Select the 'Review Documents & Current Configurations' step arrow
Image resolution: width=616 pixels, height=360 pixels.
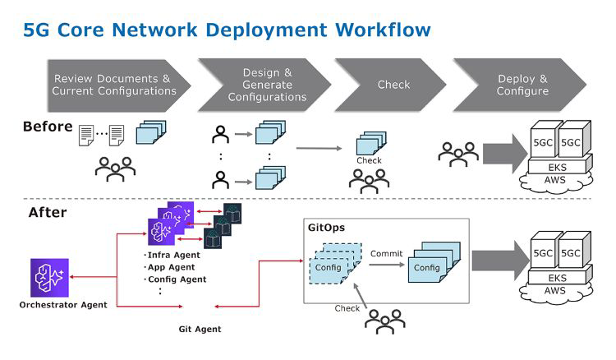[x=115, y=85]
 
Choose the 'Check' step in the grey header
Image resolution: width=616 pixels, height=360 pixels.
[x=393, y=85]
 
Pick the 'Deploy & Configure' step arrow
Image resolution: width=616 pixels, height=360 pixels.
[x=522, y=85]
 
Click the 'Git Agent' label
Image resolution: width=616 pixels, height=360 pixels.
[x=200, y=330]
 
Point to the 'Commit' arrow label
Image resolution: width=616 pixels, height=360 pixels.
[x=386, y=254]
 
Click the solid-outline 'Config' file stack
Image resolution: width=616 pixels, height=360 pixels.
[x=430, y=265]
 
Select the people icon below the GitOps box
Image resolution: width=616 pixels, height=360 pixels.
[x=384, y=321]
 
